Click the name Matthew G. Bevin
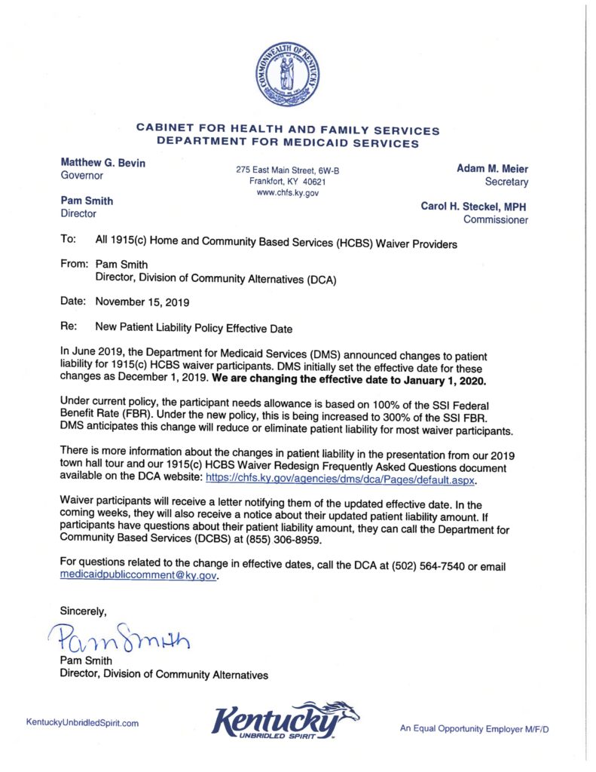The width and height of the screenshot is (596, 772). [103, 164]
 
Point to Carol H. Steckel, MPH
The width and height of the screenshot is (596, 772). [473, 207]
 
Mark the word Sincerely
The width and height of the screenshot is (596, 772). [84, 611]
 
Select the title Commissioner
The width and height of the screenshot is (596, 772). [495, 219]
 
